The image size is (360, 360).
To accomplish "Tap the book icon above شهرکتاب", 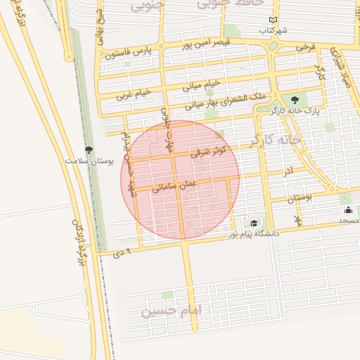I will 273,20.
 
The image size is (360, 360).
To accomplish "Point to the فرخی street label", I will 305,47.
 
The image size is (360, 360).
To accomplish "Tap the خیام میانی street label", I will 201,86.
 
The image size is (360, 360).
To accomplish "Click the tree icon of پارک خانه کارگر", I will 294,100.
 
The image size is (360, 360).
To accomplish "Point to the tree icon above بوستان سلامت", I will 89,150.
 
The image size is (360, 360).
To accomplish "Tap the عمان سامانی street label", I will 173,186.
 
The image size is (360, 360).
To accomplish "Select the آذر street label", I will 288,172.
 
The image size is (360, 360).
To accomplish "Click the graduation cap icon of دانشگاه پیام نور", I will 253,223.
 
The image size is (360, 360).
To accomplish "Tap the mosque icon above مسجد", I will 348,210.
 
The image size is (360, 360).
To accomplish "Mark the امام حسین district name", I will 172,310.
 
